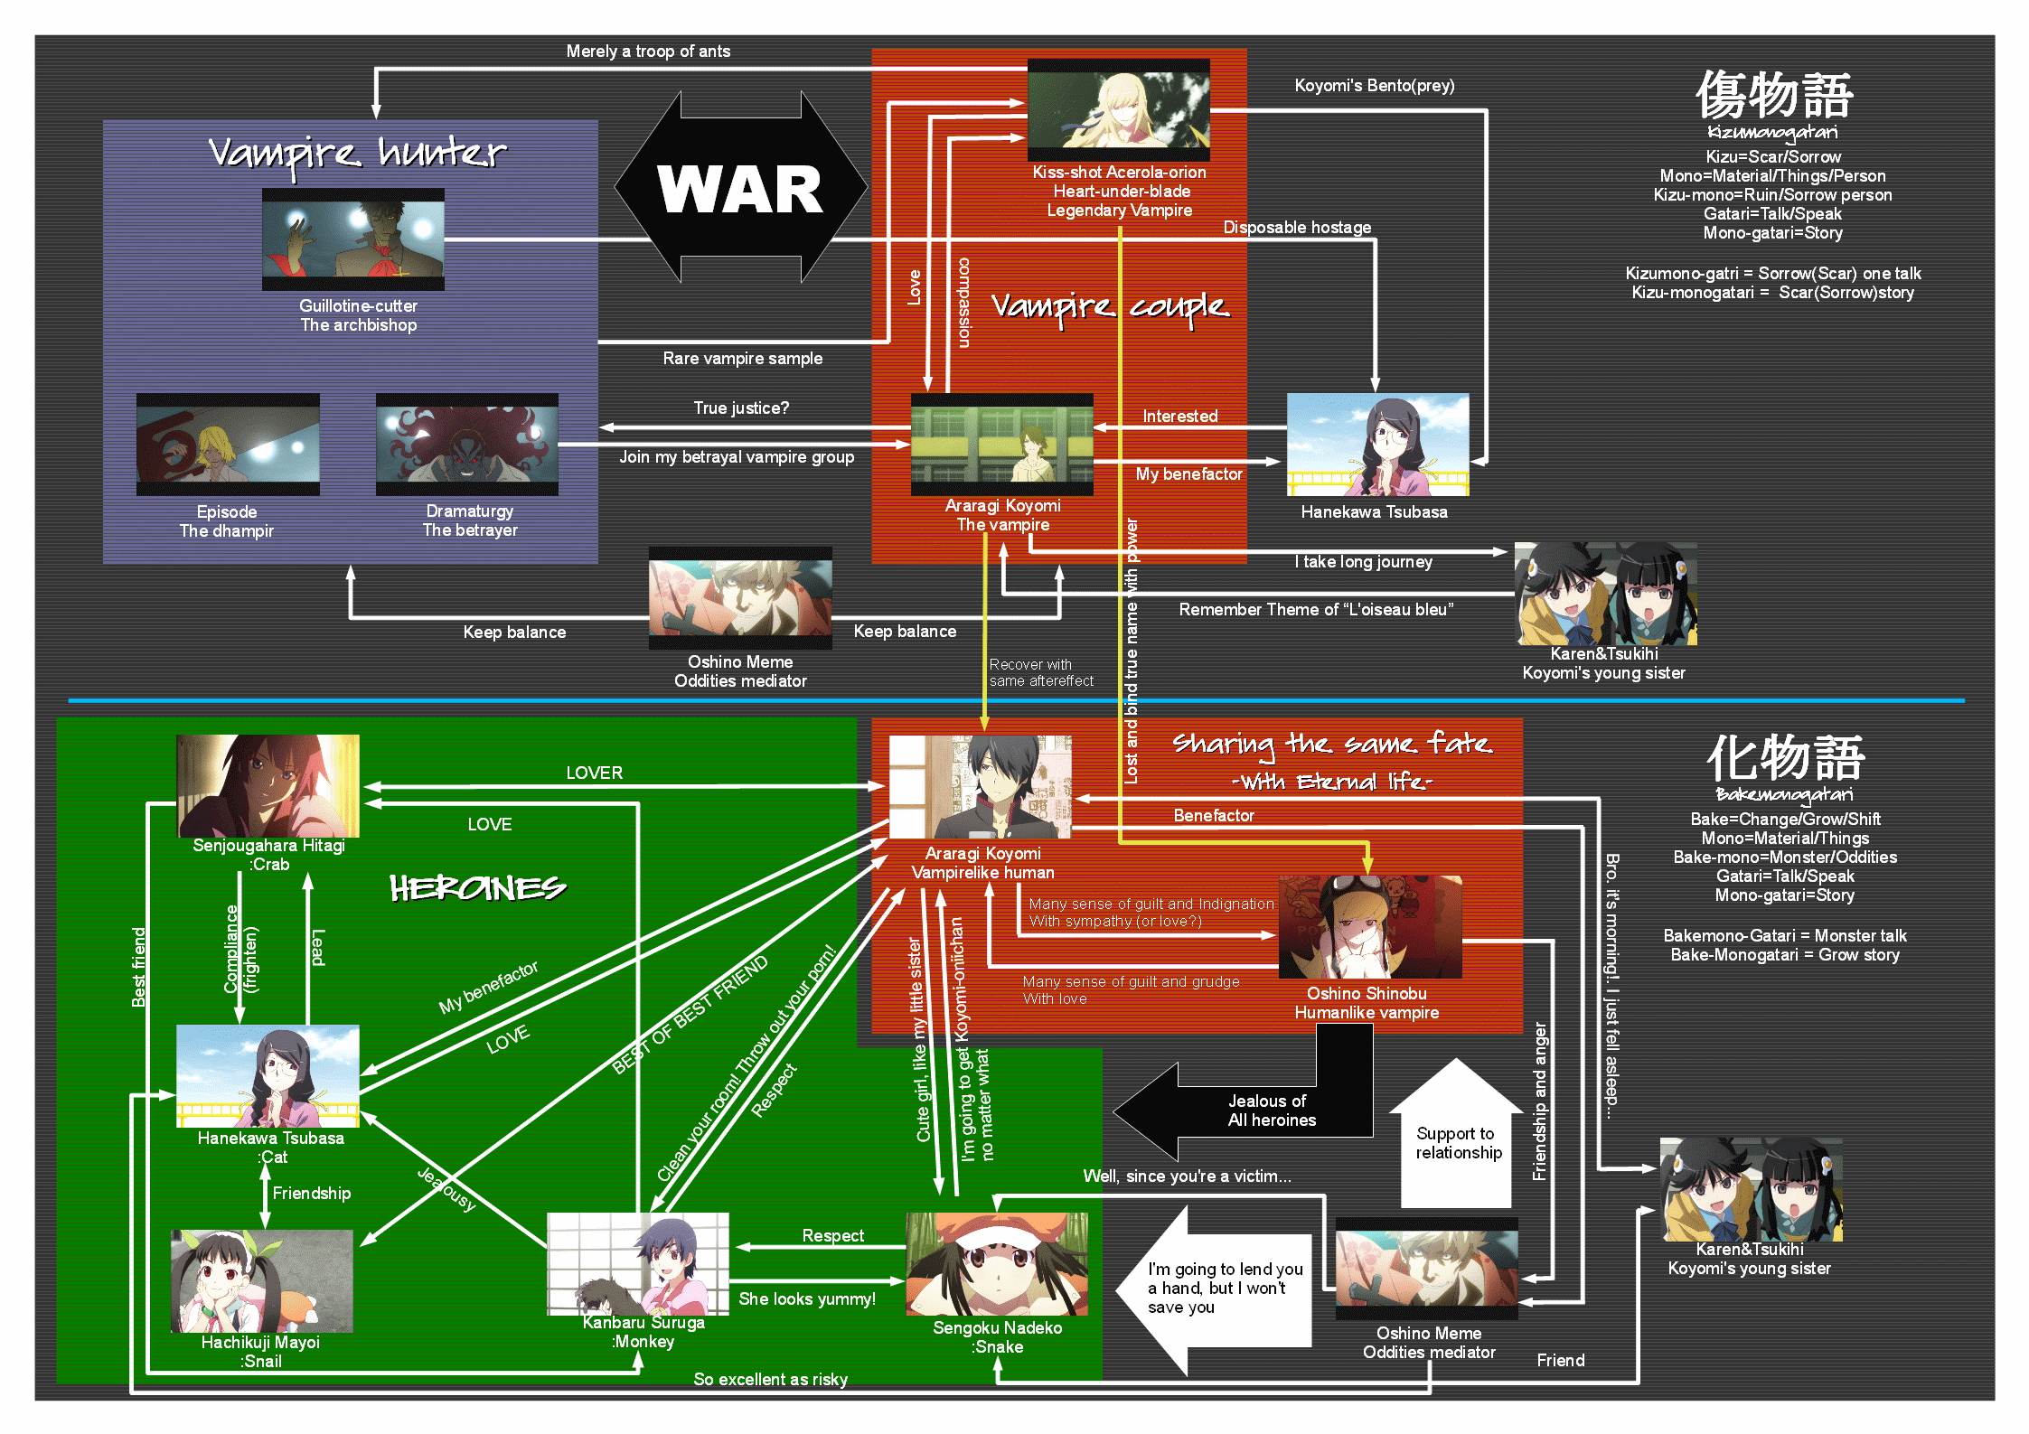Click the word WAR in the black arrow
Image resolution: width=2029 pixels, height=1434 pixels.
(740, 190)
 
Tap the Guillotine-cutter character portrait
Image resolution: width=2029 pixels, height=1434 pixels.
(353, 239)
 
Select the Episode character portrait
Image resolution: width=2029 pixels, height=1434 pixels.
(228, 445)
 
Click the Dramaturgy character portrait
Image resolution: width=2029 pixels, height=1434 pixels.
(467, 445)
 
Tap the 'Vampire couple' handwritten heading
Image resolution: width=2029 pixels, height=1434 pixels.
(1110, 307)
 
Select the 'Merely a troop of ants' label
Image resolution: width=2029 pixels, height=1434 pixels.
(648, 52)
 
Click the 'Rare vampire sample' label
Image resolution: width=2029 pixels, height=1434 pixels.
(743, 359)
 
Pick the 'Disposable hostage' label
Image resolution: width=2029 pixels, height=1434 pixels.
(1297, 228)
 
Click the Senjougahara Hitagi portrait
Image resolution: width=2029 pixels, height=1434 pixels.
(268, 786)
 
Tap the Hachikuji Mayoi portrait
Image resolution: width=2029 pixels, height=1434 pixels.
(262, 1281)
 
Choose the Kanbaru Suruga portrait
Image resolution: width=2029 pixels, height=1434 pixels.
(638, 1263)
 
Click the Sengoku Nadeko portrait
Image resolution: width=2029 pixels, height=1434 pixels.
(997, 1264)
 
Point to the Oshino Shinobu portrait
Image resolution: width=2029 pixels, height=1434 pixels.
(1370, 927)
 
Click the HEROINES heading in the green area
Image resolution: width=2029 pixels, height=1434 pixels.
(477, 888)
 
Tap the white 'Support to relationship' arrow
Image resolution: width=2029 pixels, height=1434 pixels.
(1457, 1139)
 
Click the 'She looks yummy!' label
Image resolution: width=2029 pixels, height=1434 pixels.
(807, 1299)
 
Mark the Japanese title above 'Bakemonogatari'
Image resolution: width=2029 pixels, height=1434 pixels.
(1785, 757)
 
